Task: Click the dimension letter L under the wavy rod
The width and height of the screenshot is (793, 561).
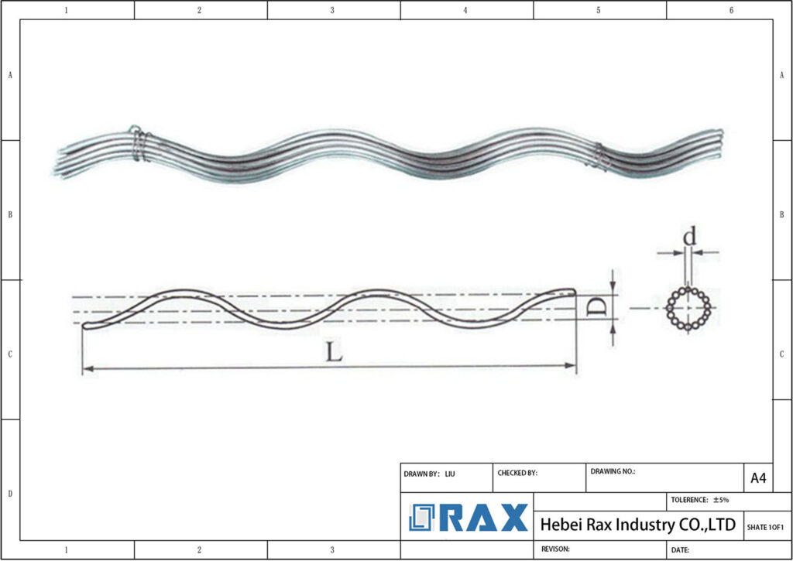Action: (333, 352)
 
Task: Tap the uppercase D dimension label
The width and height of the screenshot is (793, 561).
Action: (595, 308)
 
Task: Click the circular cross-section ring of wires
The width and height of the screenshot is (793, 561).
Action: (688, 309)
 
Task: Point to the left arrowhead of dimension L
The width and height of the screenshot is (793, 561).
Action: (87, 368)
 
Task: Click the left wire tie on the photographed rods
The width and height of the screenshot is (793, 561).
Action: (139, 144)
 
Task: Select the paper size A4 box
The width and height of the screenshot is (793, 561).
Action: (758, 478)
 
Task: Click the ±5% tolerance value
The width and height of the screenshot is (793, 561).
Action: (721, 500)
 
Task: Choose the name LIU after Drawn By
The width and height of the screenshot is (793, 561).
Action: (450, 473)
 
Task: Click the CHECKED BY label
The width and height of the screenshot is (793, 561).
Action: (517, 473)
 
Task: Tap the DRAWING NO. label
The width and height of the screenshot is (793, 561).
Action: (613, 470)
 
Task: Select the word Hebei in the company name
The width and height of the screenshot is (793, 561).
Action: (561, 525)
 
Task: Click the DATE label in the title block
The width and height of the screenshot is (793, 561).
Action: (680, 549)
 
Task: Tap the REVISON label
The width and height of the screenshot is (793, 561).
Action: (555, 549)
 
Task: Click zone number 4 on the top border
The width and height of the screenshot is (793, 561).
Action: (465, 10)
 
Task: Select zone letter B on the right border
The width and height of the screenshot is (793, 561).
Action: (782, 214)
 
